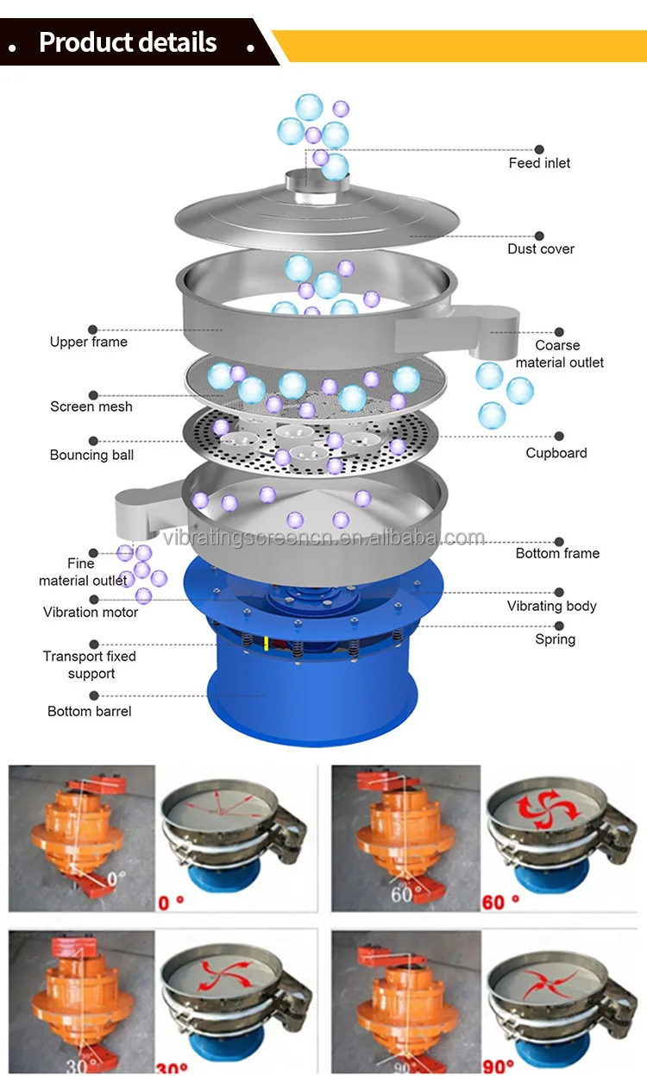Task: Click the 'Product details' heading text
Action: [128, 42]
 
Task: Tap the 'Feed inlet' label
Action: [539, 163]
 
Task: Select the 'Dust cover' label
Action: [541, 249]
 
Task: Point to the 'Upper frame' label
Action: [88, 342]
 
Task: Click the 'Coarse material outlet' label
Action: [559, 354]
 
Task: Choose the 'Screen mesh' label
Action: [91, 406]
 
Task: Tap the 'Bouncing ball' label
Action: [91, 455]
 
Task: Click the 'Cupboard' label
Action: [556, 453]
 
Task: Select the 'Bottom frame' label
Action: [557, 553]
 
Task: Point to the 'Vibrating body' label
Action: [551, 606]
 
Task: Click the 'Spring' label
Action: [555, 639]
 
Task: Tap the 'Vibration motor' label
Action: [91, 612]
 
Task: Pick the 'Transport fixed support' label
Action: [90, 664]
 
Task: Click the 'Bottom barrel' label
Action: [90, 712]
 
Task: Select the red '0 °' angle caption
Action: [172, 903]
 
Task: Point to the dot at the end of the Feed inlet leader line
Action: [540, 149]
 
